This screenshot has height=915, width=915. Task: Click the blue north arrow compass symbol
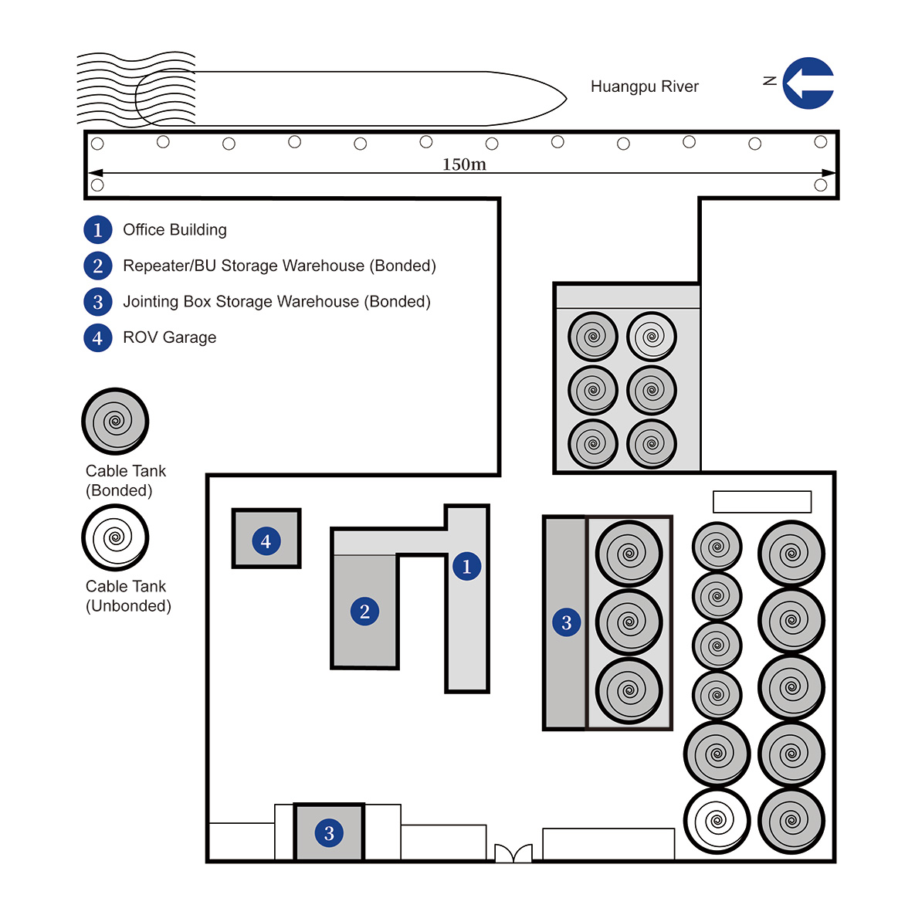point(808,83)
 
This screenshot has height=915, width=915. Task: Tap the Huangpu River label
point(644,86)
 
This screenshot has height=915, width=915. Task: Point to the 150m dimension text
point(464,164)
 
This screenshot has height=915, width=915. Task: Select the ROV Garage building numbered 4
point(266,539)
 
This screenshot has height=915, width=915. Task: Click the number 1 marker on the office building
point(466,566)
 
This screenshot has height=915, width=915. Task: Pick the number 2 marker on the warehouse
point(364,612)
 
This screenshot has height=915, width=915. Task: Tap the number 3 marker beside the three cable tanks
point(566,622)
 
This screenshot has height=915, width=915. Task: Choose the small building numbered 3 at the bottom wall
point(329,832)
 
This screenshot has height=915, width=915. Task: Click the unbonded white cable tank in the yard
point(717,821)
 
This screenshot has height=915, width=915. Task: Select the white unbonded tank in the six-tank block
point(652,337)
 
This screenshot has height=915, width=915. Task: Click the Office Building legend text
point(175,229)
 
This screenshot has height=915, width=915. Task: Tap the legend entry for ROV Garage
point(169,337)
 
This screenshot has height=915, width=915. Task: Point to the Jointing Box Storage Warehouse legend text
point(276,301)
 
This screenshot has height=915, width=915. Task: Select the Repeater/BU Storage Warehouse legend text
point(279,266)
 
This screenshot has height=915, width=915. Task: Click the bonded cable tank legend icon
point(115,422)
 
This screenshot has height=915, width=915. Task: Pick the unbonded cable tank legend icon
point(115,537)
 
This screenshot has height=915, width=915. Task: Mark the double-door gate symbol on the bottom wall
point(513,852)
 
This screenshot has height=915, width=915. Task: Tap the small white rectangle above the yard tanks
point(761,501)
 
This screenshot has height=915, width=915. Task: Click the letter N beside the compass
point(769,80)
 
